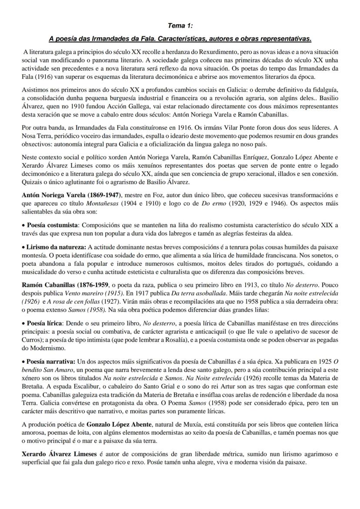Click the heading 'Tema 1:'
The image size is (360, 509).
pyautogui.click(x=180, y=26)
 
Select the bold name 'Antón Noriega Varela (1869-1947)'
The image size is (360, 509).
pyautogui.click(x=72, y=196)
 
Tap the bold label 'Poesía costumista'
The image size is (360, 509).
pyautogui.click(x=53, y=225)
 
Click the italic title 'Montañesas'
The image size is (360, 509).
pyautogui.click(x=109, y=203)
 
